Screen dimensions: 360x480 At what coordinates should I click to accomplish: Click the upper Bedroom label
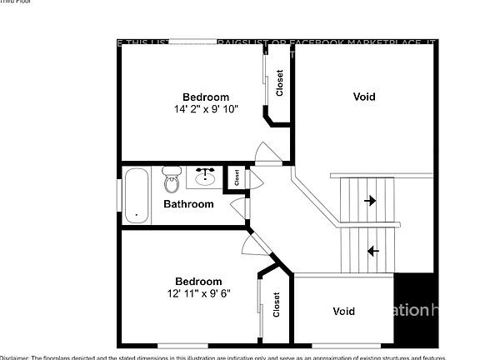205,97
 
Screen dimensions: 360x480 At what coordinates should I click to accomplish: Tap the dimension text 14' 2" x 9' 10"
205,108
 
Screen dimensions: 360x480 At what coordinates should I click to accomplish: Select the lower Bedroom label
198,281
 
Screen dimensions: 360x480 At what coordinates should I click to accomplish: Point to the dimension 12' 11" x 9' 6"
198,292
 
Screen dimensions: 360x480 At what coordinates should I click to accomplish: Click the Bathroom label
188,203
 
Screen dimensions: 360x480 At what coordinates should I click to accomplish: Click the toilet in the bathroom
172,178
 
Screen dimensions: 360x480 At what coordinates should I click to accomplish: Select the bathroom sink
205,177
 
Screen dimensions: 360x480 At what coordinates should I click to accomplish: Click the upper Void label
364,97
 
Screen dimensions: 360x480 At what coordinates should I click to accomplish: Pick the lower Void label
343,312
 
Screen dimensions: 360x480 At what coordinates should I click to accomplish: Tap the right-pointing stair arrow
369,201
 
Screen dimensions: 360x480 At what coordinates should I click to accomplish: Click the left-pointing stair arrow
373,250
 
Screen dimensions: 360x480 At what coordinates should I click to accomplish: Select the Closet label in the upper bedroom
280,82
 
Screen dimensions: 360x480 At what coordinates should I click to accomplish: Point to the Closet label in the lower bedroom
276,306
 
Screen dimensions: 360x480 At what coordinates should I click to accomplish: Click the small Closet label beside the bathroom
237,177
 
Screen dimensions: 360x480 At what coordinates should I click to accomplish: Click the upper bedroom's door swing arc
265,153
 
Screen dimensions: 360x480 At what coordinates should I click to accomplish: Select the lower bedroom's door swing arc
249,243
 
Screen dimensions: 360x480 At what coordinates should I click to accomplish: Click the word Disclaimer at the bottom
14,357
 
